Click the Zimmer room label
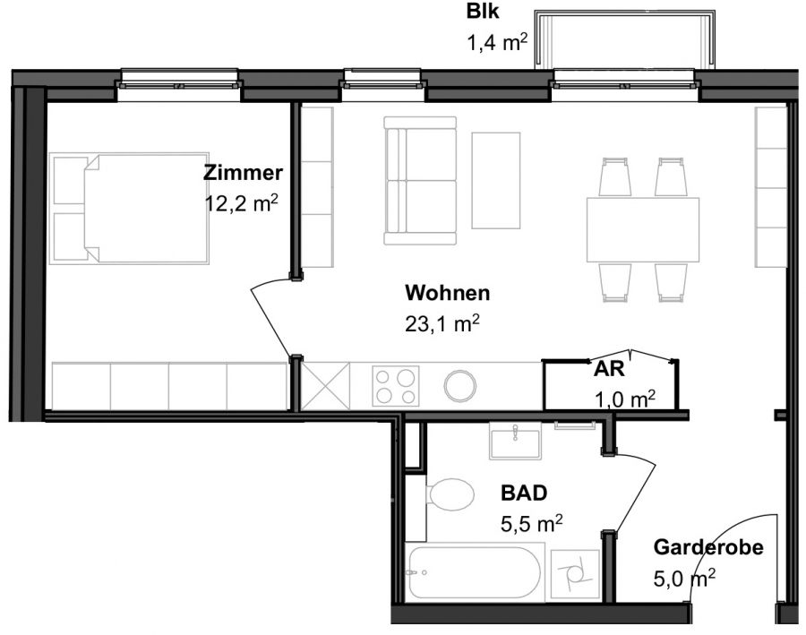tap(243, 173)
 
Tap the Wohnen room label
tap(447, 293)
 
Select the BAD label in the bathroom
tap(524, 493)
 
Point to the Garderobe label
tap(707, 547)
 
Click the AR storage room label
tap(609, 369)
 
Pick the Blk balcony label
tap(482, 12)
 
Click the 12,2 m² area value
tap(242, 203)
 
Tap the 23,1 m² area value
tap(442, 324)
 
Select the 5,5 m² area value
tap(531, 524)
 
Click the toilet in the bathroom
tap(450, 495)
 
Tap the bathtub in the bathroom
tap(475, 572)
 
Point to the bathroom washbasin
tap(515, 440)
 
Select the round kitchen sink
tap(460, 386)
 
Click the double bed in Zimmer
tap(129, 209)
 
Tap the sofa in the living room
tap(420, 181)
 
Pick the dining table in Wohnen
tap(643, 230)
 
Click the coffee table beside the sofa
tap(496, 181)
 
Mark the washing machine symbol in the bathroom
tap(575, 575)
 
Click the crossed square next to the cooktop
tap(325, 386)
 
